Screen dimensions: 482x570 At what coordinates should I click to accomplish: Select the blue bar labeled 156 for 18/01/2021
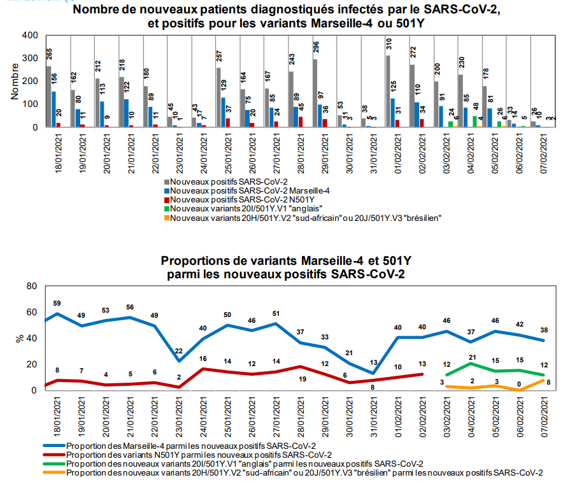(53, 110)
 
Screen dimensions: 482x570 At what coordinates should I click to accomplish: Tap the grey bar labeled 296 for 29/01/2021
(315, 94)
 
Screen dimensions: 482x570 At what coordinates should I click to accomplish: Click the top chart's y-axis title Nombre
(15, 82)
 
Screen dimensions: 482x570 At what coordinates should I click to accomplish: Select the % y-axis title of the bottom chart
(19, 338)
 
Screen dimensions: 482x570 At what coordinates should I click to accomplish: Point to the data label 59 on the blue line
(57, 303)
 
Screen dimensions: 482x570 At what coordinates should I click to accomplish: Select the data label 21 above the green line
(473, 357)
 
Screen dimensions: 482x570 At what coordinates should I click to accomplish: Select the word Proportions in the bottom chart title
(199, 260)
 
